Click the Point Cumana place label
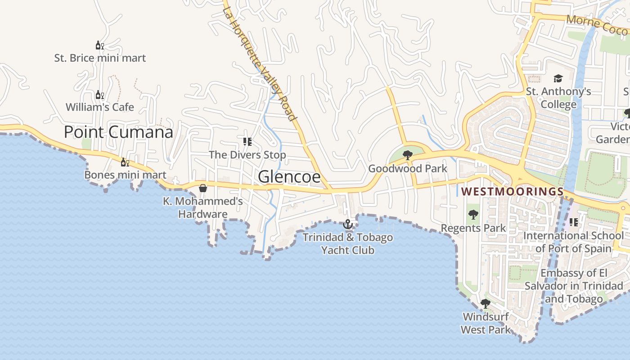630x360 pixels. pos(118,132)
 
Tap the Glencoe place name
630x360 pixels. pos(289,177)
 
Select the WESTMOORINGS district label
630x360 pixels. pos(513,192)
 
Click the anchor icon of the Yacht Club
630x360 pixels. pos(347,224)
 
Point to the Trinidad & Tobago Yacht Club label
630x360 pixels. pos(347,243)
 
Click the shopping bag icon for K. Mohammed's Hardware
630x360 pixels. pos(203,188)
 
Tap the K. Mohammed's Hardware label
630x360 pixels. pos(203,207)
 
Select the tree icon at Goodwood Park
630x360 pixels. pos(408,156)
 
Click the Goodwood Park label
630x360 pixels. pos(408,169)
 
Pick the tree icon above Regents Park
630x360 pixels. pos(473,215)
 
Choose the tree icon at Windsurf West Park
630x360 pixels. pos(485,304)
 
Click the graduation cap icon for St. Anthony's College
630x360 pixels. pos(558,79)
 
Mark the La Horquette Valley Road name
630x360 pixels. pos(261,63)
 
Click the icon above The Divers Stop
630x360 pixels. pos(247,142)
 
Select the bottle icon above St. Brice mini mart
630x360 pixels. pos(100,45)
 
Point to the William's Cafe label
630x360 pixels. pos(100,107)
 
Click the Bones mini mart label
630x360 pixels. pos(125,175)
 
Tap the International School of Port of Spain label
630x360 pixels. pos(573,242)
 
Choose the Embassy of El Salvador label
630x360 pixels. pos(574,286)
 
